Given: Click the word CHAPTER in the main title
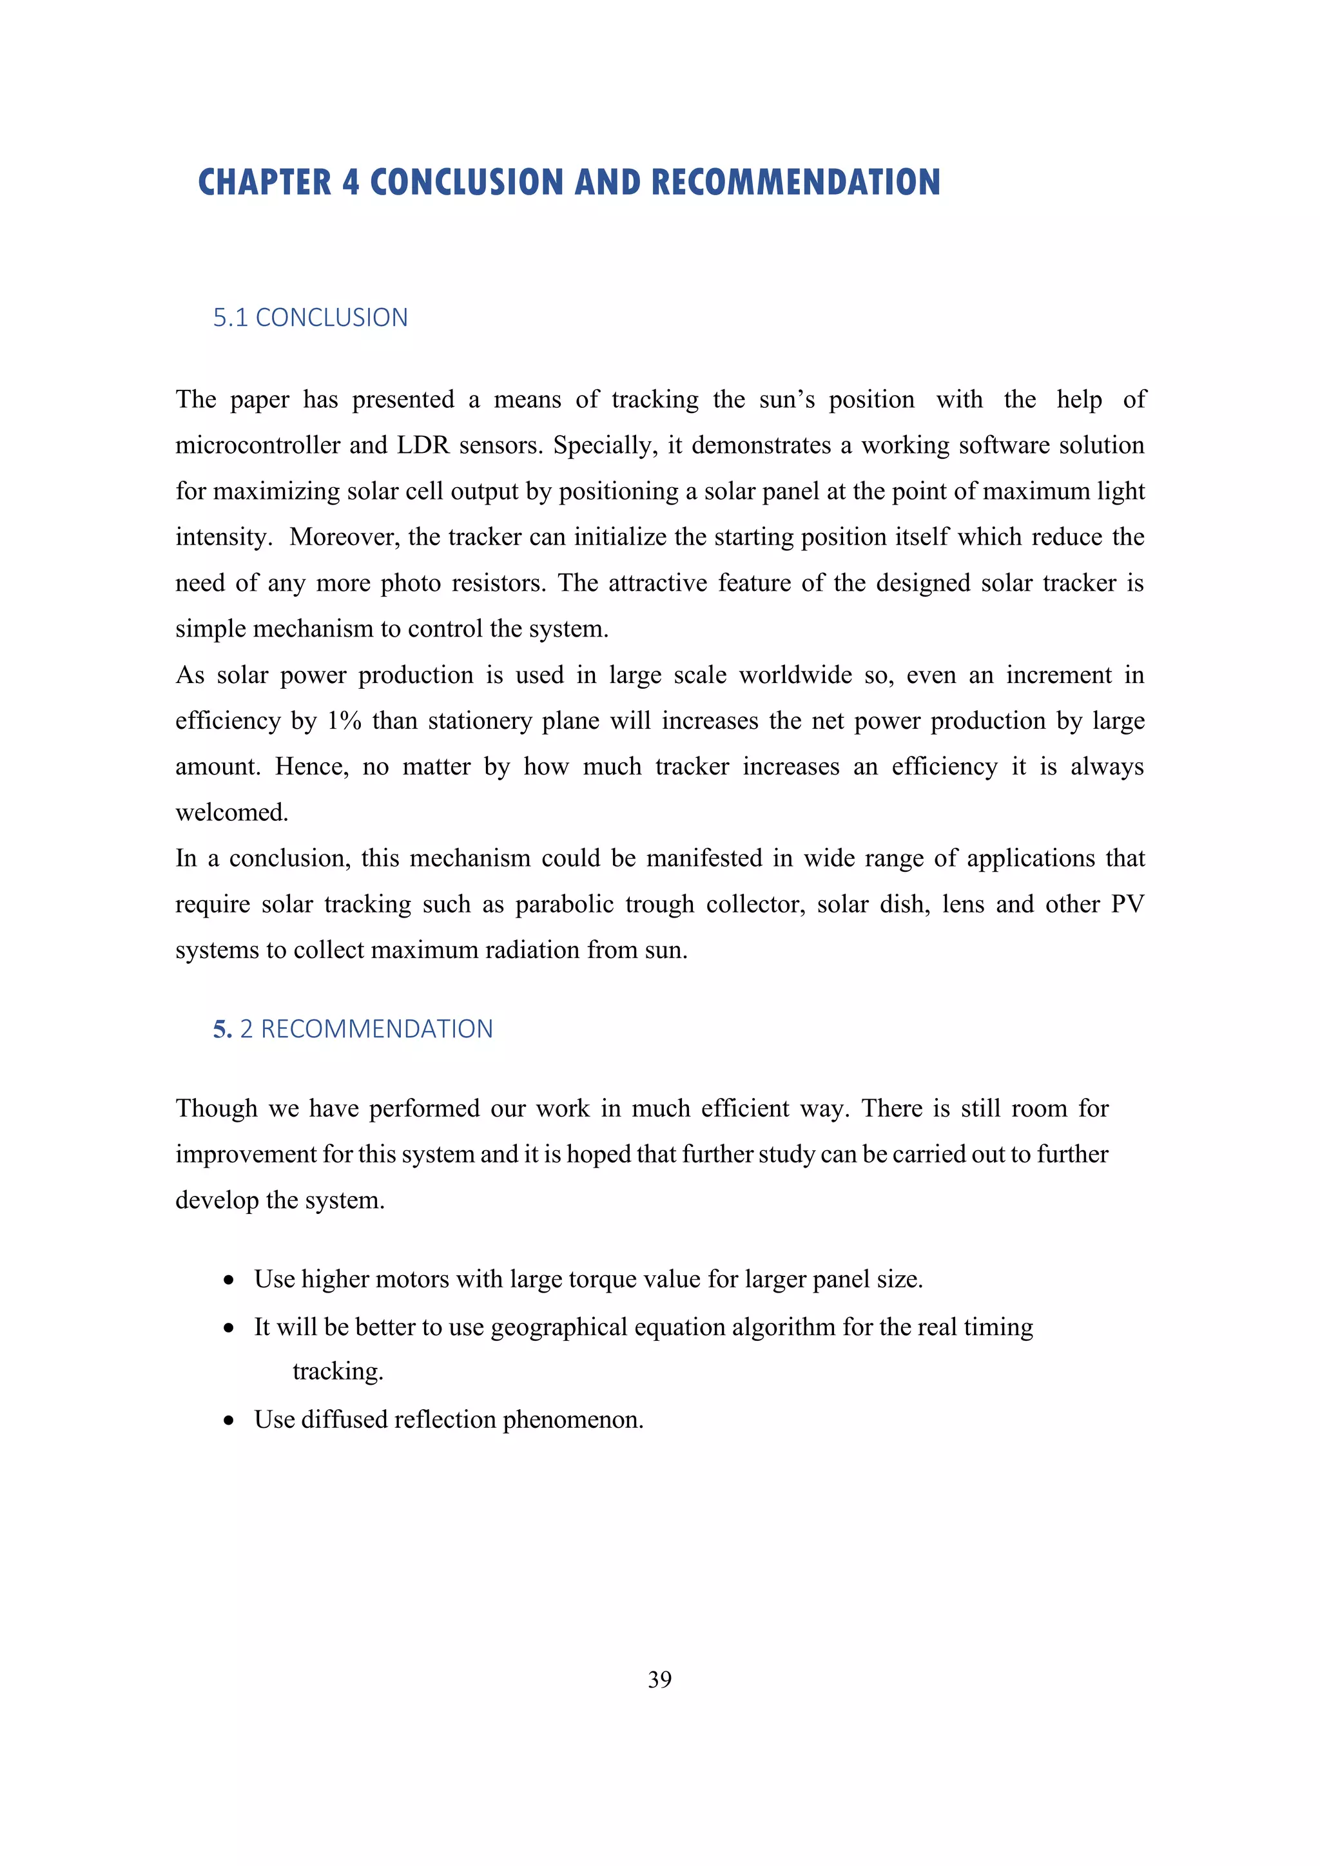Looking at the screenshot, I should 265,182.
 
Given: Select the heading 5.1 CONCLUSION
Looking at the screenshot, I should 311,318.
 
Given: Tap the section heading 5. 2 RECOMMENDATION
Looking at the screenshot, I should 353,1029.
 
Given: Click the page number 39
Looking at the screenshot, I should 659,1679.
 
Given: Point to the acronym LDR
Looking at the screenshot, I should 423,445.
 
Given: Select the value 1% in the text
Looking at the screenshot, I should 344,721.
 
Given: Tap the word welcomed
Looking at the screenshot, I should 231,813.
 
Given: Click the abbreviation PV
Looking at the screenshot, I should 1127,905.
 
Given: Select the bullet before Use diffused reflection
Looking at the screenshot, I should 229,1421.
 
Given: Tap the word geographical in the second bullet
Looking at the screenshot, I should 559,1327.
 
